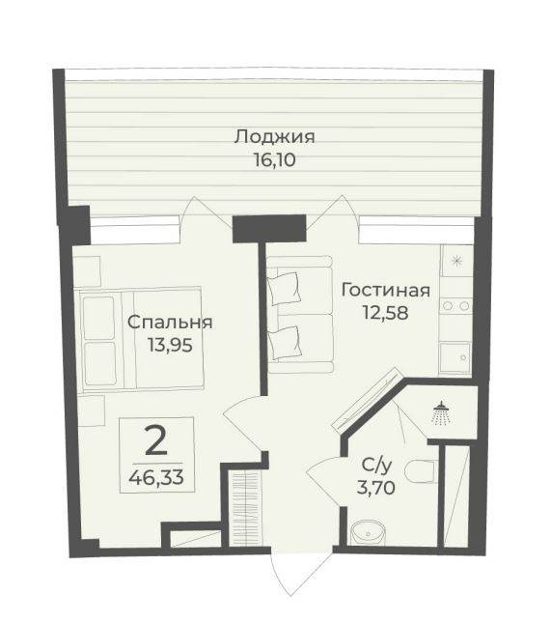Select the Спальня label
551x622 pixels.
tap(171, 323)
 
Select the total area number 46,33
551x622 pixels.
tap(156, 474)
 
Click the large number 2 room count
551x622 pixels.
tap(154, 440)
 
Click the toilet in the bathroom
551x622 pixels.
tap(418, 472)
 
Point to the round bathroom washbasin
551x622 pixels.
tap(368, 530)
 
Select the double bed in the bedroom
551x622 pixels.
tap(140, 338)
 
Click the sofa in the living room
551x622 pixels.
tap(299, 314)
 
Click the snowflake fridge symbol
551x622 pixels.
tap(456, 260)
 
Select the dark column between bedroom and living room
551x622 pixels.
tap(256, 227)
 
